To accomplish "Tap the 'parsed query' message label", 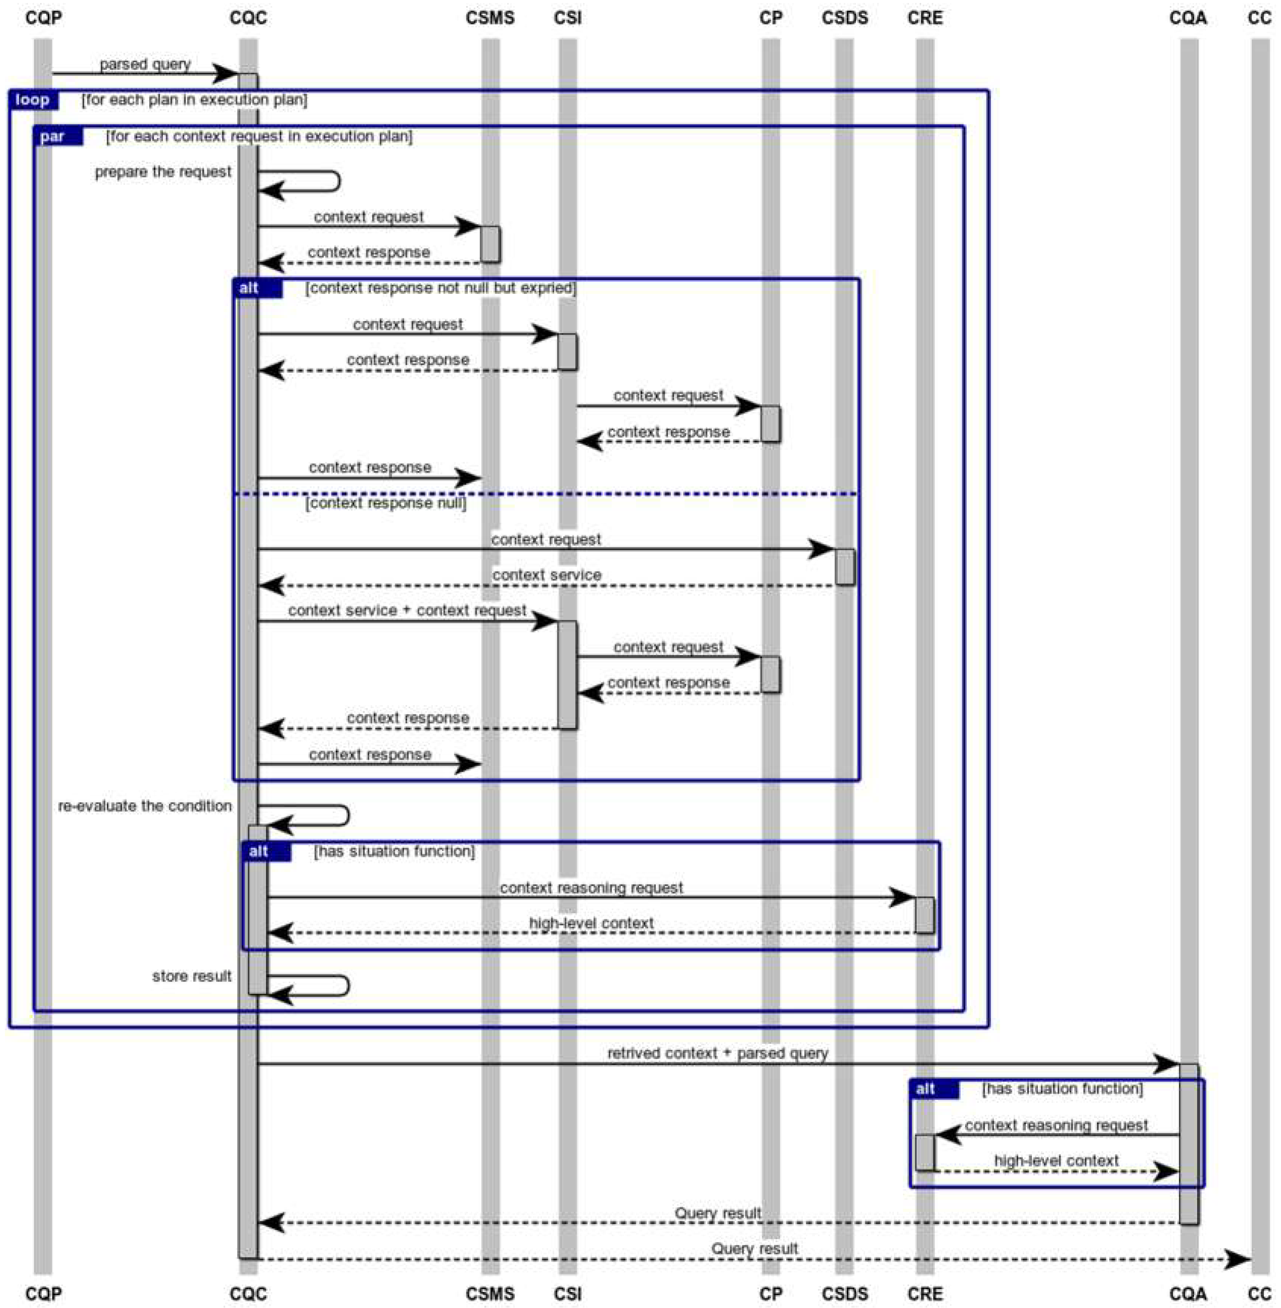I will (x=145, y=64).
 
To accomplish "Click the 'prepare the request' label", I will (x=163, y=172).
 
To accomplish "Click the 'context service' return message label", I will (x=546, y=575).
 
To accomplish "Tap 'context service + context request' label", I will (x=407, y=611).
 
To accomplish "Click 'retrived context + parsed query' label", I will (x=717, y=1053).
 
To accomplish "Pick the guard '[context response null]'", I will (x=386, y=503).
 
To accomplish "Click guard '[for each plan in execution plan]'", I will (x=195, y=100).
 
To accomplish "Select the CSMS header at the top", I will (x=490, y=17).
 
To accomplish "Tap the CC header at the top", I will (x=1259, y=17).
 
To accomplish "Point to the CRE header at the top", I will (x=925, y=17).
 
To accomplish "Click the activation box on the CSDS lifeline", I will (x=845, y=567).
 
